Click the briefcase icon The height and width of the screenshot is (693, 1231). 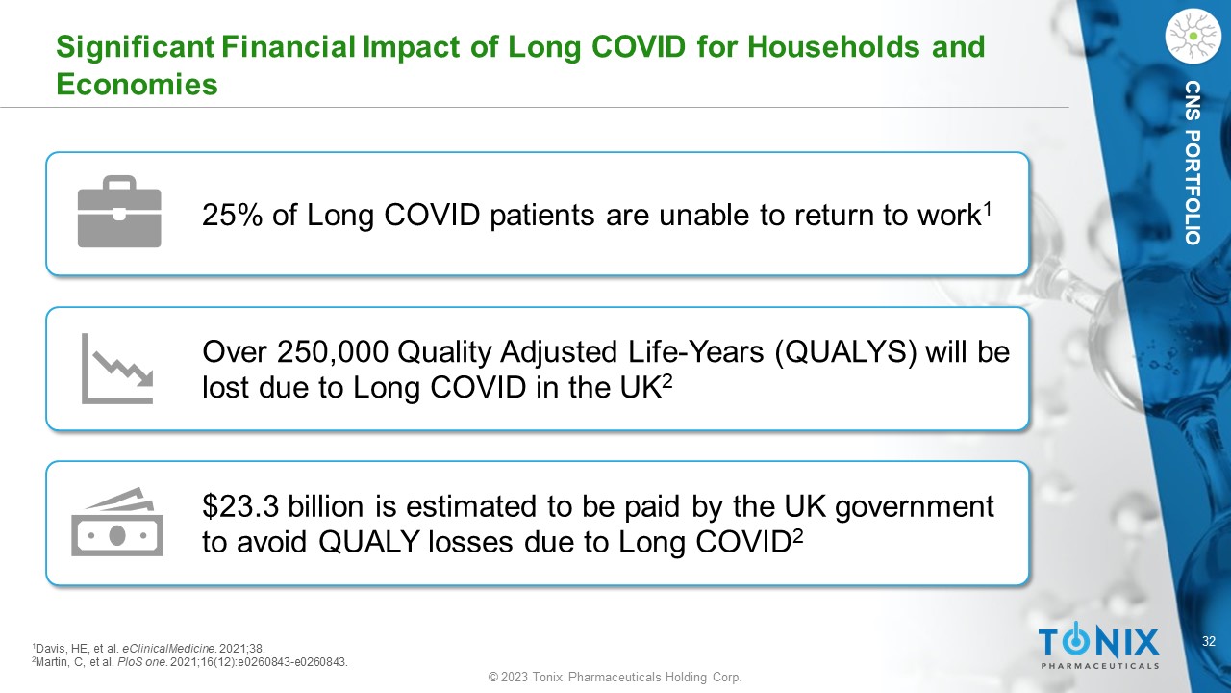click(x=119, y=212)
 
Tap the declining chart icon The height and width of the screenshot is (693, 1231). click(x=117, y=369)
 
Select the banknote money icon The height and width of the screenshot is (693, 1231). click(x=117, y=522)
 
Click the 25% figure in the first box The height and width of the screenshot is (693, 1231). click(x=233, y=215)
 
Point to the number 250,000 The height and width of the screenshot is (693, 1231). click(x=333, y=351)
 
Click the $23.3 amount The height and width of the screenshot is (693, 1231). click(x=240, y=506)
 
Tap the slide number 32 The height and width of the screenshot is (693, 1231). click(x=1209, y=641)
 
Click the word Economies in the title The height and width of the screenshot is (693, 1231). click(x=137, y=84)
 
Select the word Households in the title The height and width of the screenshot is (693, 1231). click(x=833, y=46)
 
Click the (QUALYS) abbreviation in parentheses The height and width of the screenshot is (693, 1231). click(x=845, y=352)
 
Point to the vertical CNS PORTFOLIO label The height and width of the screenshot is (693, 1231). click(x=1193, y=163)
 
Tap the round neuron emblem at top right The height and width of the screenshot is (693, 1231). click(x=1193, y=36)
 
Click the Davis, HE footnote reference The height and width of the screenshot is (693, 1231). click(x=149, y=649)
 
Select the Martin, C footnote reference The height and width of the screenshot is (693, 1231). click(x=190, y=662)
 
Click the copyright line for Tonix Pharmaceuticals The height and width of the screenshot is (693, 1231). click(x=615, y=677)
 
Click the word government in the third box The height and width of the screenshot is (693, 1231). click(x=915, y=507)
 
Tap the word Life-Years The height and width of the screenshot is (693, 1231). click(x=695, y=352)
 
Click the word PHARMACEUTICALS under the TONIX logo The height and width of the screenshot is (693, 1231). click(x=1100, y=666)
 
